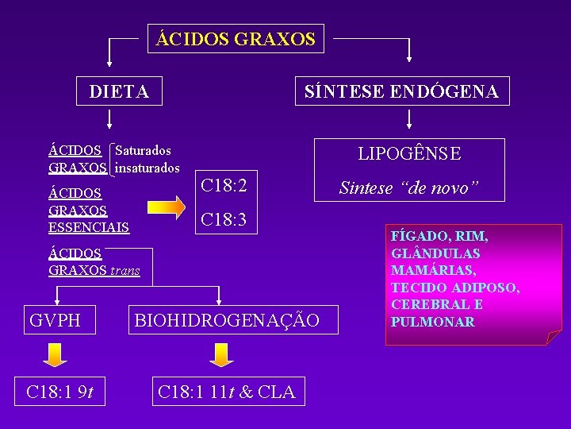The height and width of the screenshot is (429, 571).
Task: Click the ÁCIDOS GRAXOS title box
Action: click(236, 38)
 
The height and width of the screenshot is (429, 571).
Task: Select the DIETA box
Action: click(119, 91)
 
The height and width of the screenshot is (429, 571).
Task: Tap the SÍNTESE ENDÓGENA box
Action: click(402, 91)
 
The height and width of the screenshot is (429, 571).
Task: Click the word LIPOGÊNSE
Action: click(409, 153)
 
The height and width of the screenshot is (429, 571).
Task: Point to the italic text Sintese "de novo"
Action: click(409, 188)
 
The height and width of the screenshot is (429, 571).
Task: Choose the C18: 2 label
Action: click(224, 186)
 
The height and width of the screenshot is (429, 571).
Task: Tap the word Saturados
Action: click(144, 150)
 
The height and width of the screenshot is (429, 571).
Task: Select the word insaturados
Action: click(148, 168)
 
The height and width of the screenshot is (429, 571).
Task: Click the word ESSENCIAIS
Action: click(89, 228)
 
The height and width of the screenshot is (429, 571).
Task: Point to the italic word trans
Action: click(125, 271)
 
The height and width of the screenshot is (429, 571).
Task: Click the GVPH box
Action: click(55, 320)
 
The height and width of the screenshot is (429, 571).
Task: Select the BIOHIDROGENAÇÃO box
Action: click(228, 320)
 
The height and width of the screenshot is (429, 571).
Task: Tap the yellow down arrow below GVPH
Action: click(54, 355)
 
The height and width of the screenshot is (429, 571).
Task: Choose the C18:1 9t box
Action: click(61, 391)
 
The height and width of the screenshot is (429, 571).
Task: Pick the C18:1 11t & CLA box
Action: click(227, 391)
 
